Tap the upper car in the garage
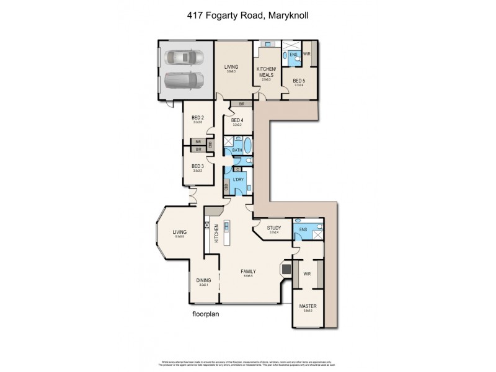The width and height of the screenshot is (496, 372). coord(184,58)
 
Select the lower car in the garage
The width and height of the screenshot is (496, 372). coord(184,81)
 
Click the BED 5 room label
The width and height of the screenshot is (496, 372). coord(299,81)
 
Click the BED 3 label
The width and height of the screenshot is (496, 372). coord(197,166)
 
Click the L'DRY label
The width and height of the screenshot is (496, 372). coord(238,180)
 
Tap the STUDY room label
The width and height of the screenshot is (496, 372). coord(274,228)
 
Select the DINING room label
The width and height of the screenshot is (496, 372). coord(203,280)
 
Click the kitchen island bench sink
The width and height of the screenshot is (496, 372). coord(227,227)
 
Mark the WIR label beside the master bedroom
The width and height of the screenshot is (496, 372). coord(307,273)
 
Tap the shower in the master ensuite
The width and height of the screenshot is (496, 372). coord(316,233)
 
